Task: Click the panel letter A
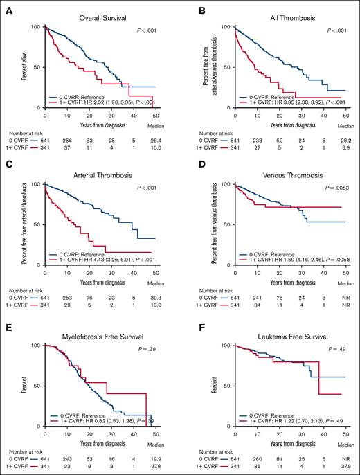(6, 6)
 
